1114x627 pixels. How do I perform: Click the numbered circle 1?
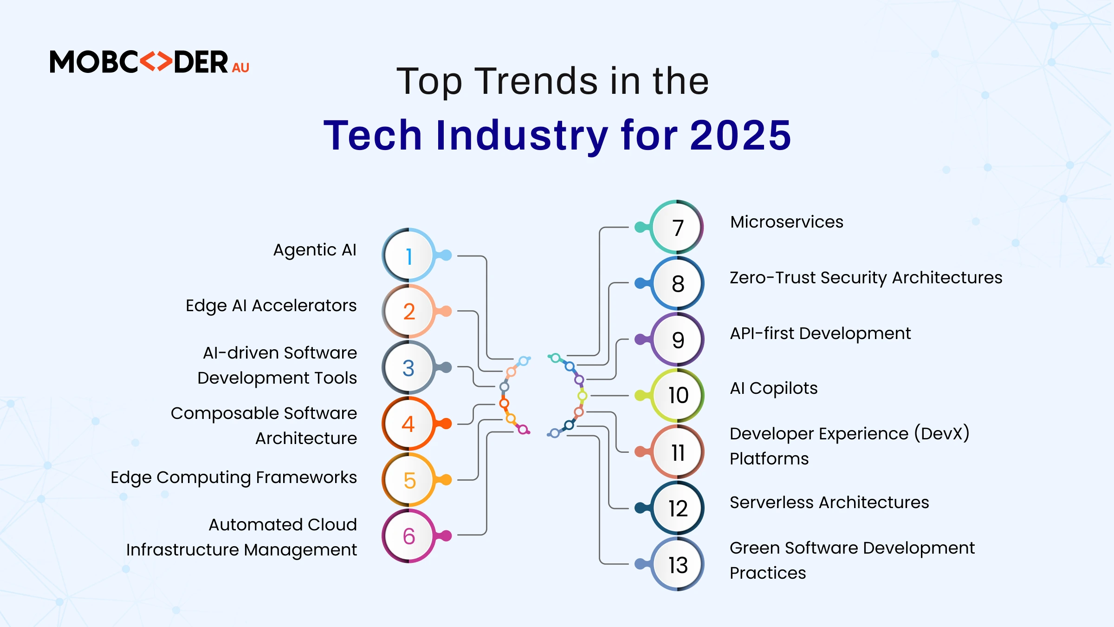point(408,255)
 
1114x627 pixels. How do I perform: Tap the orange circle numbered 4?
point(408,424)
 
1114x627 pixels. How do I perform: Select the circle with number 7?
point(677,228)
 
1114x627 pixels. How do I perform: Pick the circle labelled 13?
point(677,564)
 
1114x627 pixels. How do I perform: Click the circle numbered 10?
point(677,395)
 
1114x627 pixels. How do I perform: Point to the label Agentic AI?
point(315,250)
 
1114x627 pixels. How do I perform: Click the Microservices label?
point(787,222)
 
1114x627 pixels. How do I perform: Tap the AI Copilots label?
point(774,388)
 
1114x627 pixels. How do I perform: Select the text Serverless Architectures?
point(829,503)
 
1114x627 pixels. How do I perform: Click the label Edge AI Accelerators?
point(271,306)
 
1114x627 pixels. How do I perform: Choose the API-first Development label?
point(820,333)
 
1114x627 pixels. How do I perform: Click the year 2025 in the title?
point(740,135)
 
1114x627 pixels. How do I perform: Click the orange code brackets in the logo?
point(156,62)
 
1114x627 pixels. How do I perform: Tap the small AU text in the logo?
point(240,68)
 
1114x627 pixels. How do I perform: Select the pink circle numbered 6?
point(408,536)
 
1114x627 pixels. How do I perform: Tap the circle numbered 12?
point(677,508)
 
